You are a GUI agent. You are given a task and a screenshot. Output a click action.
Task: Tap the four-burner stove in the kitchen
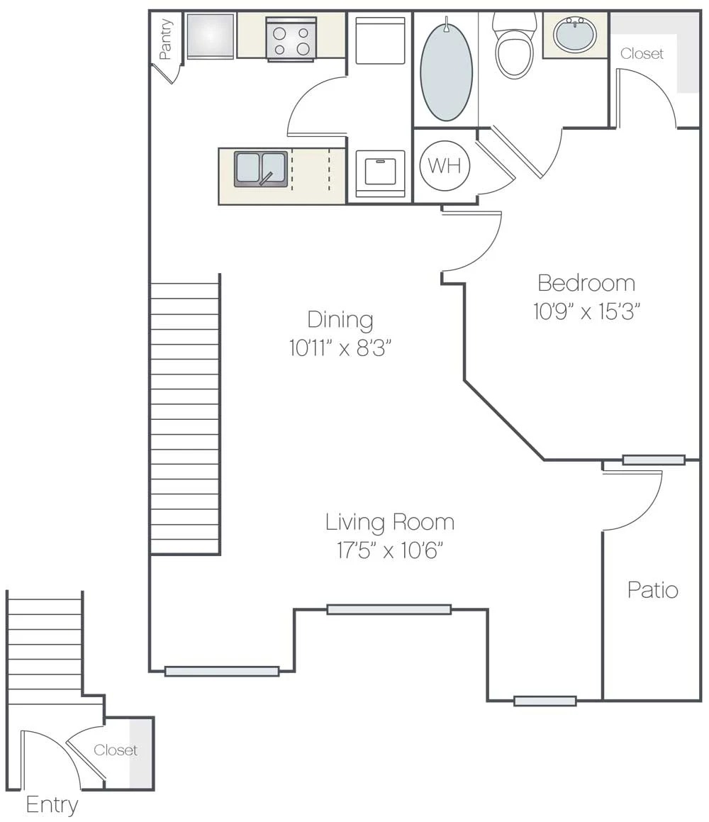pos(291,40)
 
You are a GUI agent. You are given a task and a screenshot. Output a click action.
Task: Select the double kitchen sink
pos(261,169)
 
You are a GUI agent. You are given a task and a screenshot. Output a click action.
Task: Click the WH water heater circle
pos(445,166)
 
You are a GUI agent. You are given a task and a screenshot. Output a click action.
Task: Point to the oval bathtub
pos(446,72)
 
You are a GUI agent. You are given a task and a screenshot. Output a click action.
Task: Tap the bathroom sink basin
pos(575,33)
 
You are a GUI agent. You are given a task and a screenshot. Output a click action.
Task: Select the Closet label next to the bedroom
pos(642,54)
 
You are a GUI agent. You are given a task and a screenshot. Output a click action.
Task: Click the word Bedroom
pos(586,283)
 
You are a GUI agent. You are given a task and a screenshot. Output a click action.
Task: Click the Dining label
pos(340,319)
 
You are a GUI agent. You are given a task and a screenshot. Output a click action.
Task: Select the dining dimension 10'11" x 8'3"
pos(340,348)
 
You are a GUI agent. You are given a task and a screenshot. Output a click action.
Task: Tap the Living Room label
pos(390,523)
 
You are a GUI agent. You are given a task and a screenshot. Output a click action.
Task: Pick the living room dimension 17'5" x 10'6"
pos(390,551)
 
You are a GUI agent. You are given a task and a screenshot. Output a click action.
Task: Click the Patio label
pos(653,590)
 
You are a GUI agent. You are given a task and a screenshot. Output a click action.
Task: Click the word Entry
pos(52,805)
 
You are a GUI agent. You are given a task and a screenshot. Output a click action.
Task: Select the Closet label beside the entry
pos(116,750)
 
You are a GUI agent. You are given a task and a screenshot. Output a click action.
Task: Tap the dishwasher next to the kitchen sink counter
pos(380,174)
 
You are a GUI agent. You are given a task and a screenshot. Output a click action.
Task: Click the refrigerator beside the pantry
pos(210,36)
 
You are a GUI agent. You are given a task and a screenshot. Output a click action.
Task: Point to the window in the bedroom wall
pos(654,460)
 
